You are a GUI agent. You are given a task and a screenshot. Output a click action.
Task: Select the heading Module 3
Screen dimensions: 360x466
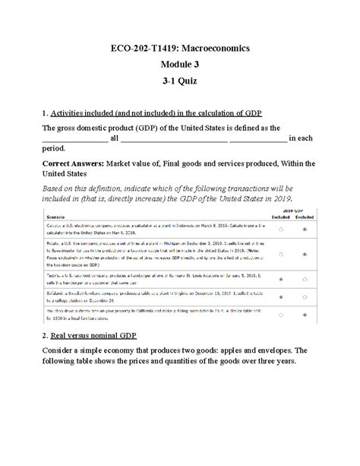point(179,67)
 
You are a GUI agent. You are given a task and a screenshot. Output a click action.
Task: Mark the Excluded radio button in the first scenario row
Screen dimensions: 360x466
point(305,228)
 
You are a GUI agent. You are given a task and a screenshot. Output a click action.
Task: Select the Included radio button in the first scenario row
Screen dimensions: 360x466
point(281,228)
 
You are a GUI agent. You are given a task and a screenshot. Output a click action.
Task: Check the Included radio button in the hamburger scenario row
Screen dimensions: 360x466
point(281,280)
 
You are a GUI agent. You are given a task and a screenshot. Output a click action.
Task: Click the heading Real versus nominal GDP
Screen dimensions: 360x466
point(97,335)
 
